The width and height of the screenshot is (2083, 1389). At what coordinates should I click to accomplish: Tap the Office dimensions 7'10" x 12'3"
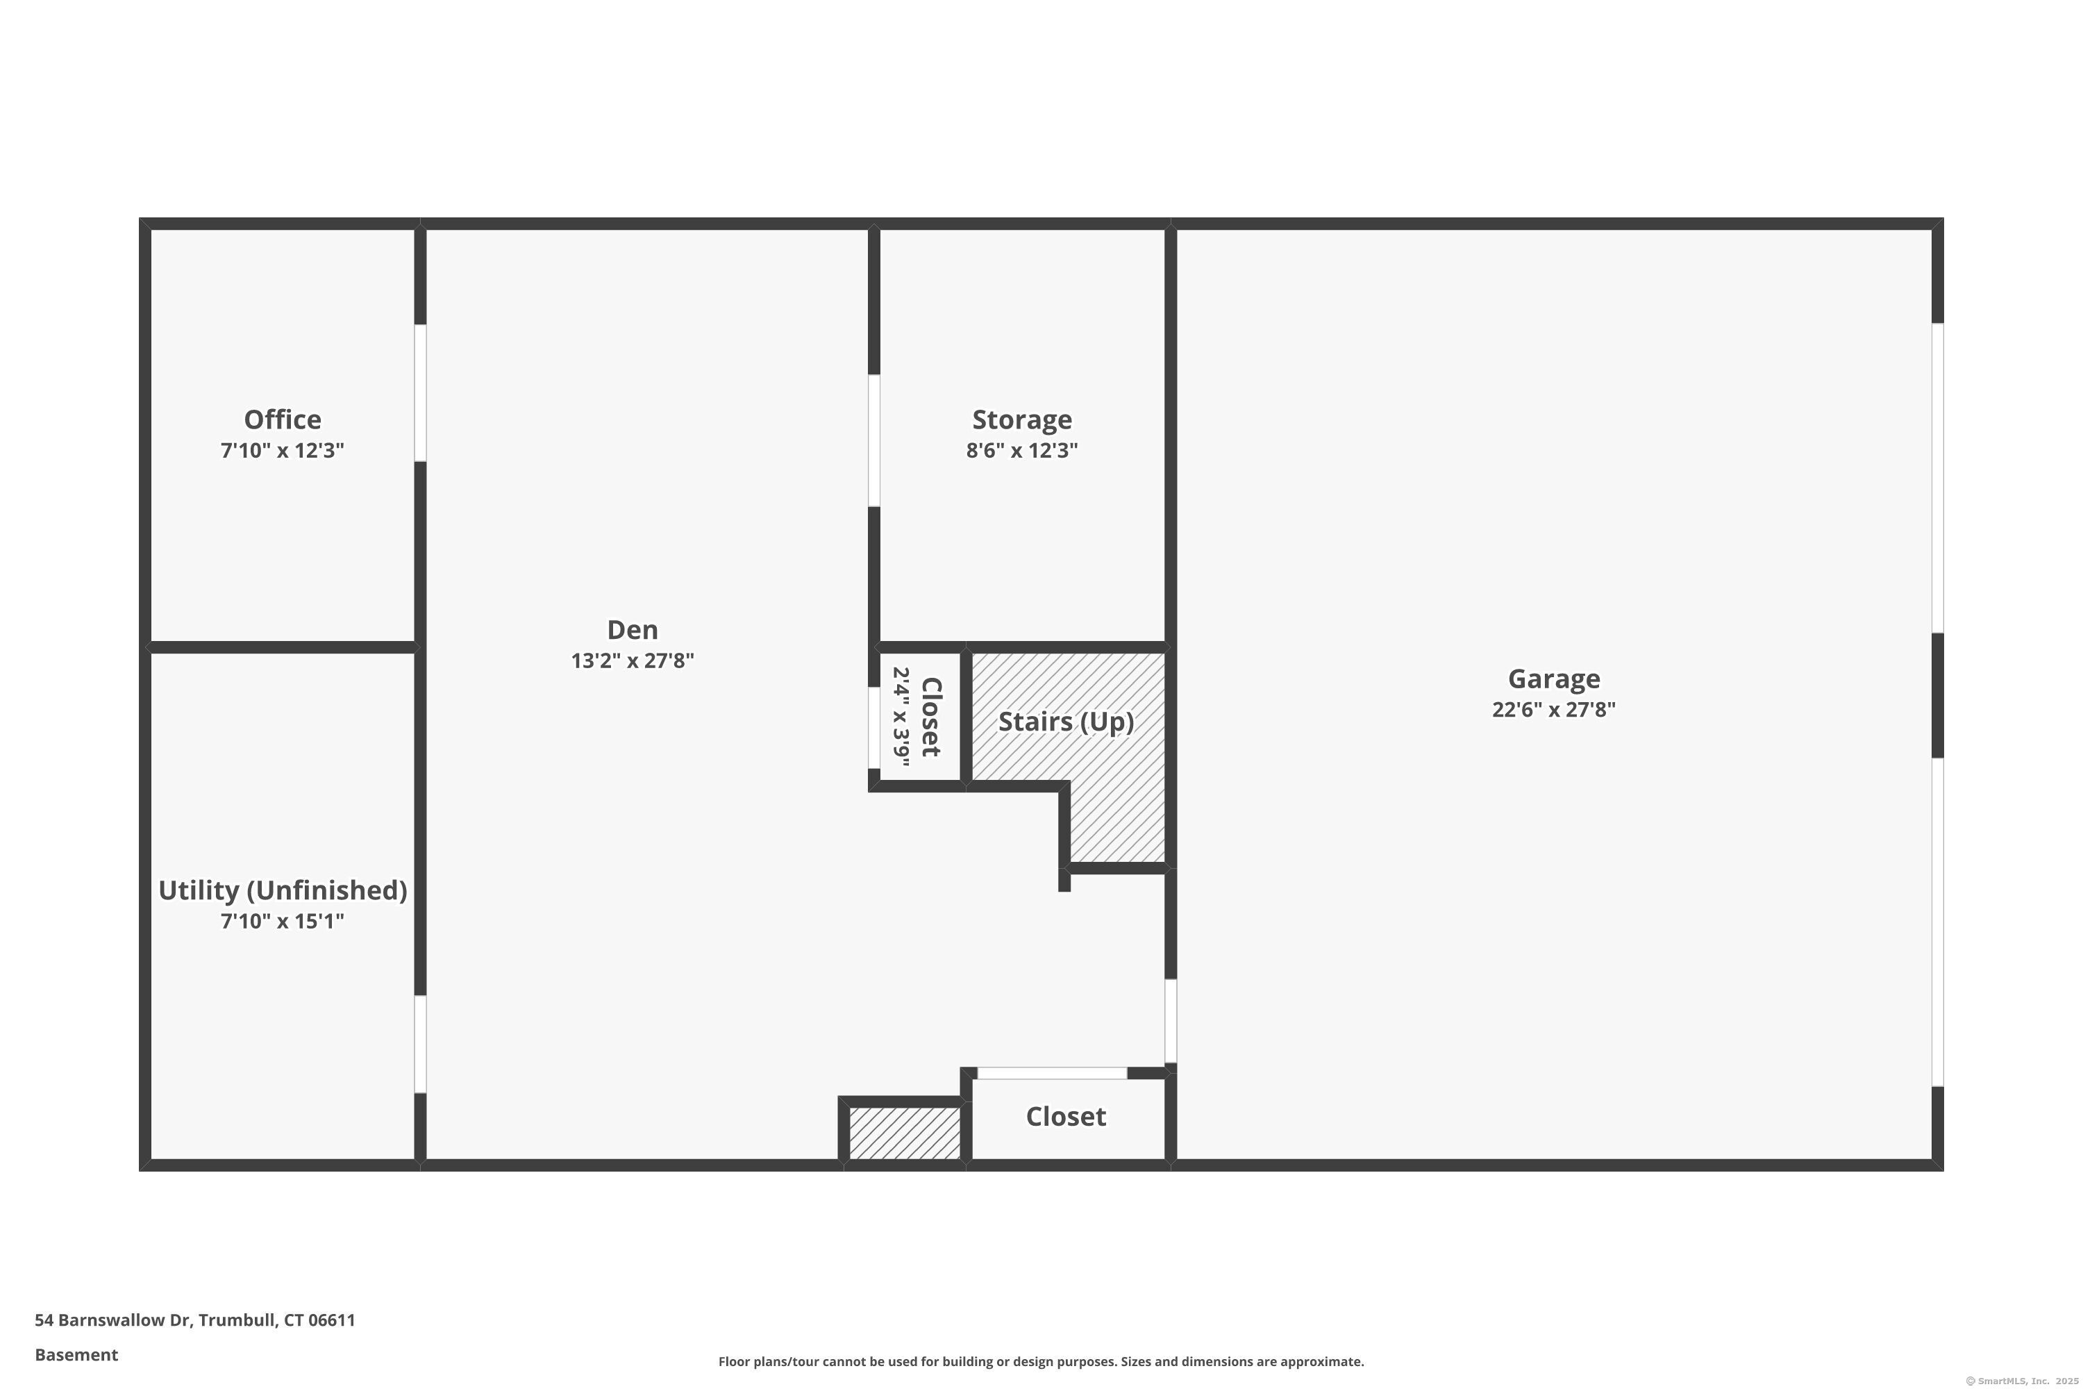(283, 450)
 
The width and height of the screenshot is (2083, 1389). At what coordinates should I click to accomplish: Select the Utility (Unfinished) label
(283, 890)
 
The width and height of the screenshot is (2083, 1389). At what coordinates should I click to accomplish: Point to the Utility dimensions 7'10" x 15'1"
(283, 922)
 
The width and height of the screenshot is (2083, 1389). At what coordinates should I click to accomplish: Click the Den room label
(633, 630)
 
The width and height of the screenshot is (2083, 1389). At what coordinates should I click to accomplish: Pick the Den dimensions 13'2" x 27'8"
(633, 661)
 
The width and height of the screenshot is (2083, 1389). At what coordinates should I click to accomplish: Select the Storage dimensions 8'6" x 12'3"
(1022, 450)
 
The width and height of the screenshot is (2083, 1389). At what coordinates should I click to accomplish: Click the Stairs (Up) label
(1066, 722)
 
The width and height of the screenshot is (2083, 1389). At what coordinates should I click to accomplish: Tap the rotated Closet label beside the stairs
(931, 717)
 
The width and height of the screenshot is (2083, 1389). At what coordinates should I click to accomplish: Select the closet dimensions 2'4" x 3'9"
(901, 717)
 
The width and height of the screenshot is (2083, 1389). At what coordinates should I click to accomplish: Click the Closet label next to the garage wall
(1066, 1117)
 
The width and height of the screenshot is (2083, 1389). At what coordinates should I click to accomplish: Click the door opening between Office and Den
(421, 393)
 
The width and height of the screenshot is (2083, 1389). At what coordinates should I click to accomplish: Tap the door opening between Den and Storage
(874, 440)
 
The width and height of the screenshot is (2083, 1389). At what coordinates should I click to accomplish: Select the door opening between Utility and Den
(421, 1045)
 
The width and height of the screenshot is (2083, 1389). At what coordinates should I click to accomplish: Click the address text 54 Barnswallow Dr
(112, 1320)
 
